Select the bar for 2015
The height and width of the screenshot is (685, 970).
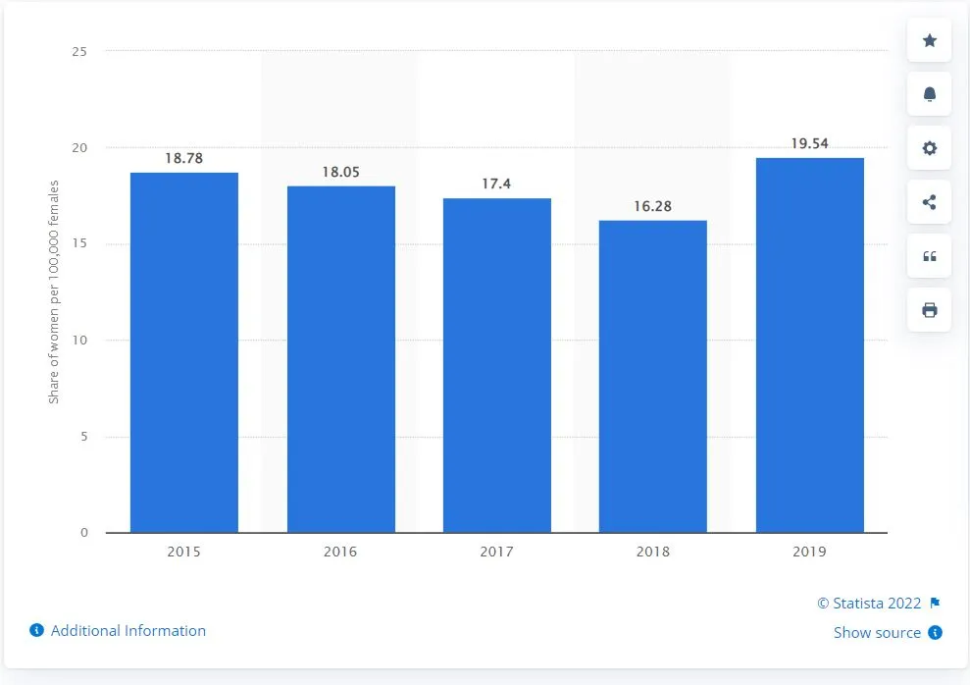(x=183, y=352)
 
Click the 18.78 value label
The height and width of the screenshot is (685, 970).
(x=183, y=157)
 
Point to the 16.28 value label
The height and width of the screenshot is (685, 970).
(x=652, y=206)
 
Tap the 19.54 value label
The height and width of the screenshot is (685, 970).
(x=809, y=143)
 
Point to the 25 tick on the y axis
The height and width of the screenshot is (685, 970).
(x=79, y=51)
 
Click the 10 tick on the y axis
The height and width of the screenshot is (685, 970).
(x=79, y=341)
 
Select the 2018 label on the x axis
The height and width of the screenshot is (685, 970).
(x=652, y=552)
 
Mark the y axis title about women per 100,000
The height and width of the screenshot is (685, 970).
(x=55, y=291)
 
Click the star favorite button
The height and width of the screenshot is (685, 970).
(x=930, y=40)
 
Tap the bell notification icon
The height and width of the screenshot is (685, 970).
(x=930, y=94)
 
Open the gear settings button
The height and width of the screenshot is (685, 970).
(x=930, y=148)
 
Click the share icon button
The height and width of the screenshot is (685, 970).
(x=930, y=203)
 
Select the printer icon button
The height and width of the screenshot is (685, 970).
(x=930, y=310)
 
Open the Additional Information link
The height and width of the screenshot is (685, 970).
(x=128, y=631)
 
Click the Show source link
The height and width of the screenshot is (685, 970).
(x=877, y=633)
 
